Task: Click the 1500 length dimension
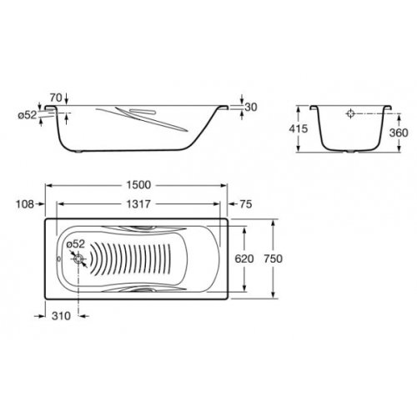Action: click(138, 185)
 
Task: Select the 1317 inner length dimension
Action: click(138, 204)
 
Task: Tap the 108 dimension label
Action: click(25, 204)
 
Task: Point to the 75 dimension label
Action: click(246, 204)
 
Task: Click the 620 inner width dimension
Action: click(244, 259)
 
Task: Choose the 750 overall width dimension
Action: click(274, 259)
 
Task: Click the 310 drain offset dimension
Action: click(61, 316)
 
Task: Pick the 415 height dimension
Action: click(299, 128)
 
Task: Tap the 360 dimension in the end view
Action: click(399, 133)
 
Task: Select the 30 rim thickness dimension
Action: click(251, 107)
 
